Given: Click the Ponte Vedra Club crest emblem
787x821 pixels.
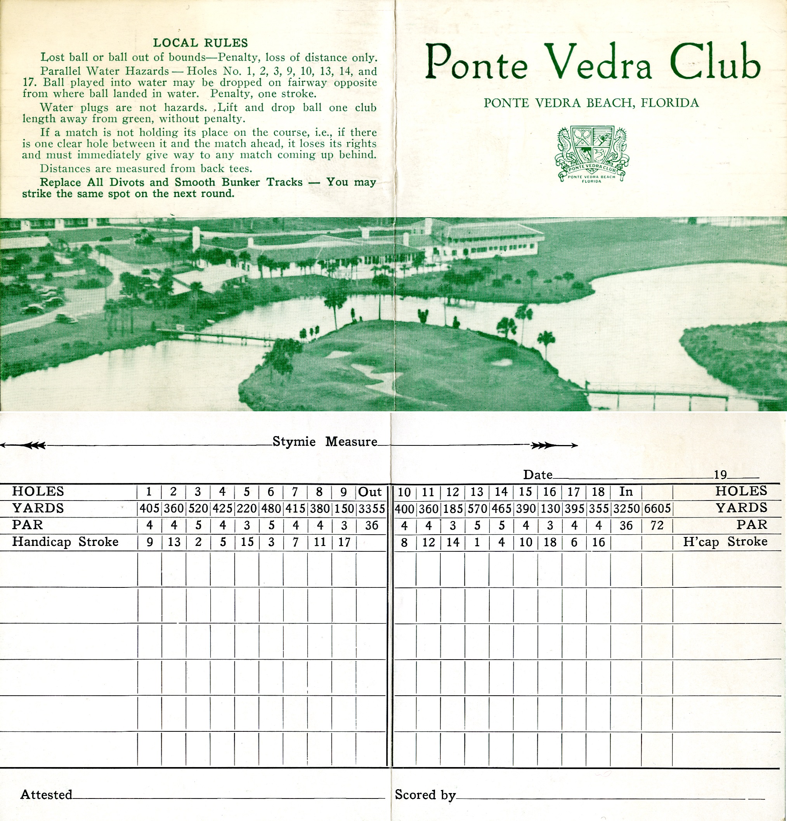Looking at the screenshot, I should [x=591, y=154].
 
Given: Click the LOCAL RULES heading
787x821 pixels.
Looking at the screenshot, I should [x=200, y=43].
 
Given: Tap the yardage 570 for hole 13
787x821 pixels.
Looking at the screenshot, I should [x=477, y=509].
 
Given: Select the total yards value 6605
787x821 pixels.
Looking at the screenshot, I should [x=657, y=509].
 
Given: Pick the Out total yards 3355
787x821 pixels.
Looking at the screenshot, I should [x=371, y=509].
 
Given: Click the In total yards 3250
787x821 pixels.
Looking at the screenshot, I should [x=626, y=509].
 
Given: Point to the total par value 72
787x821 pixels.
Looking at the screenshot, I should [x=657, y=525].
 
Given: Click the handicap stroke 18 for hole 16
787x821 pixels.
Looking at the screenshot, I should [x=550, y=542].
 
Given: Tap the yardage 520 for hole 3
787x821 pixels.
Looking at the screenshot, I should [x=198, y=509].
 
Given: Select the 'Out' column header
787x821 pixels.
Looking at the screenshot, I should [x=370, y=492].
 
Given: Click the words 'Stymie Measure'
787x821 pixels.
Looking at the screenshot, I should [x=325, y=442].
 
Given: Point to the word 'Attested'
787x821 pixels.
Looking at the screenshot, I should [x=46, y=795].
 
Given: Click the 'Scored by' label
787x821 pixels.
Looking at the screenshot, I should [x=425, y=795].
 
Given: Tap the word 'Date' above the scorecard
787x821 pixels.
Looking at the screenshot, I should [x=537, y=475].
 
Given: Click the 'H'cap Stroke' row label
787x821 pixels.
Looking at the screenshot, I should [x=725, y=542].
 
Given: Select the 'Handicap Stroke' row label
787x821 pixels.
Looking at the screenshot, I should [x=65, y=542].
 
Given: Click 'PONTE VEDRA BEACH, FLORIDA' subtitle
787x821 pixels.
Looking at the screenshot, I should [x=591, y=103].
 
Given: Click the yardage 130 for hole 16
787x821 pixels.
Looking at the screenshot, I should [x=550, y=509].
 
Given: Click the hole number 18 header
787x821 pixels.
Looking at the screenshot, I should [x=598, y=492].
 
